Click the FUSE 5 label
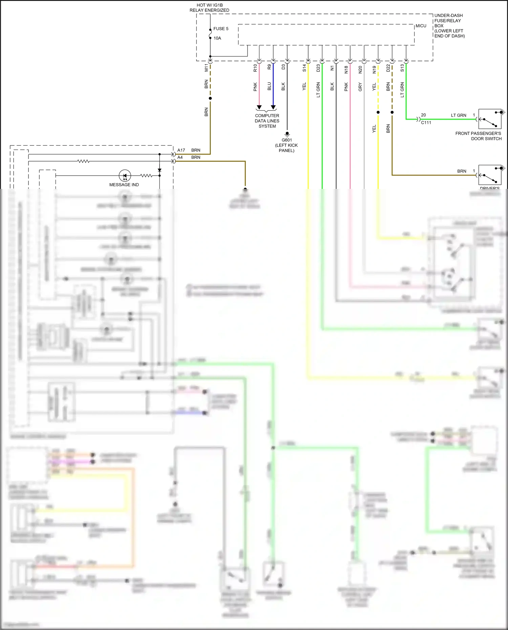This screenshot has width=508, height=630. coord(221,29)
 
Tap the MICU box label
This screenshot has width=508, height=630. coord(421,26)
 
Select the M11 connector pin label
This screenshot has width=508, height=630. coord(206,68)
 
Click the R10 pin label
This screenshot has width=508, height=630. coord(255,68)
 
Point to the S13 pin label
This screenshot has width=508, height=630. coord(402,68)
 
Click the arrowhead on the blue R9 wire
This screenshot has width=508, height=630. coord(273,107)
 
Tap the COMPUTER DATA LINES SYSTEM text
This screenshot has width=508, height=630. coord(267,121)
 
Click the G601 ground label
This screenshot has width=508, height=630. coord(287,140)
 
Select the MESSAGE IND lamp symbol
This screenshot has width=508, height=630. coord(125,176)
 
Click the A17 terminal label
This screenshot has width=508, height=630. coord(181,150)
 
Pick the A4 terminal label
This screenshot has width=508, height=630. coord(180,157)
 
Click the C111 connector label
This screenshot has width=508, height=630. coord(426,123)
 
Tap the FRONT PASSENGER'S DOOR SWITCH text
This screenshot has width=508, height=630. coord(478,136)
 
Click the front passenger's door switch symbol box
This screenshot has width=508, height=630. coord(490,119)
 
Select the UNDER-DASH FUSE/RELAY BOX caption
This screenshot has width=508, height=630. coord(449,26)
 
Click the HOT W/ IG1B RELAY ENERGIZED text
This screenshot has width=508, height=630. coord(209,8)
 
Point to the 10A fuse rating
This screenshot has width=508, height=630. coord(217,38)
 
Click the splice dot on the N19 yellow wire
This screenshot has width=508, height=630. coord(378,112)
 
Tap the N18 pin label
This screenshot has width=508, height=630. coord(346,69)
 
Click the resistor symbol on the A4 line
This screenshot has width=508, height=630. coord(84,161)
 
